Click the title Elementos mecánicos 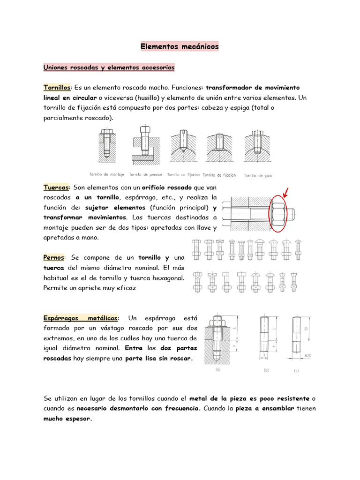tap(180, 47)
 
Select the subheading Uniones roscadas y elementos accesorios tap(109, 68)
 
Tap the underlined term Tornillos tap(57, 88)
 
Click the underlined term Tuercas tap(56, 187)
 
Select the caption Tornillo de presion tap(146, 174)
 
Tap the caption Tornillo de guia tap(257, 175)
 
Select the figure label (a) tap(217, 369)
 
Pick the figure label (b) tap(266, 370)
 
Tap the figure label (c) tap(296, 370)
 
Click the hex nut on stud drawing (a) tap(217, 322)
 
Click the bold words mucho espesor tap(67, 420)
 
